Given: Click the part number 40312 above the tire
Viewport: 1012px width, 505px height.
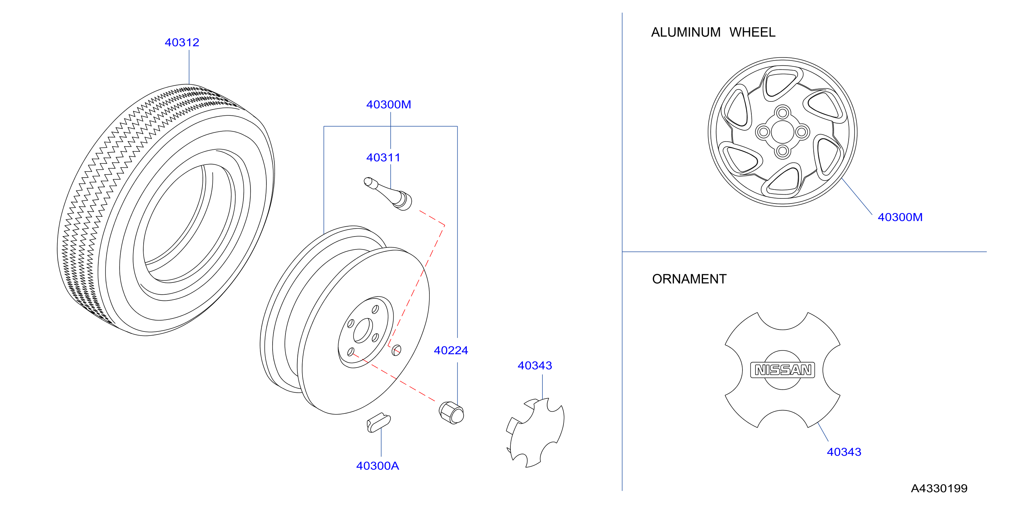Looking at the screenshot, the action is coord(182,43).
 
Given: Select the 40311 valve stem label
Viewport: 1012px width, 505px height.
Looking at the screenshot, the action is coord(383,158).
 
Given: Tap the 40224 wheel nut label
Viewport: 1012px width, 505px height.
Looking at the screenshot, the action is coord(451,350).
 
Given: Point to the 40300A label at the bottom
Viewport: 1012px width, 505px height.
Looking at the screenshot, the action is coord(377,466).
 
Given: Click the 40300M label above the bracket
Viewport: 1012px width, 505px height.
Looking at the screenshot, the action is coord(389,104).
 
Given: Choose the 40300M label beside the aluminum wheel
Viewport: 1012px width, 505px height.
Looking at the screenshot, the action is coord(900,217).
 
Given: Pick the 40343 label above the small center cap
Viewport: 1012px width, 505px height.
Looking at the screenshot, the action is coord(535,365).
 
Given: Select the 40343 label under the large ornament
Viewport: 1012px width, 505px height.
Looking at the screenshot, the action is coord(844,452).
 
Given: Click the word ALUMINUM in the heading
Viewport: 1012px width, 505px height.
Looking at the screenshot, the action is coord(686,32).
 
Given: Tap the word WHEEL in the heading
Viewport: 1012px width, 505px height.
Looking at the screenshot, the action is coord(752,32).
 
